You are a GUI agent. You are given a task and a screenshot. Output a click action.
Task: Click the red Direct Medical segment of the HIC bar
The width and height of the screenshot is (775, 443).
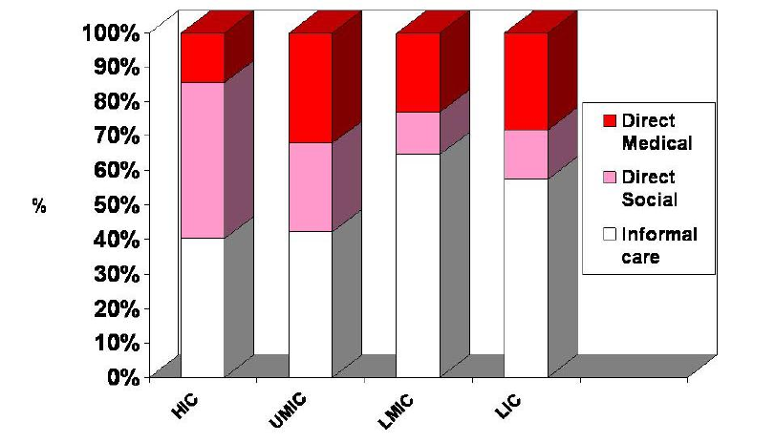click(203, 57)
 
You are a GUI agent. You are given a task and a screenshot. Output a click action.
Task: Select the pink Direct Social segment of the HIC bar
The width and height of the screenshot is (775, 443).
click(203, 159)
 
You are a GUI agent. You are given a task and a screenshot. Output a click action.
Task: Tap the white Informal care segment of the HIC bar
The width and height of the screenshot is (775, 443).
click(203, 306)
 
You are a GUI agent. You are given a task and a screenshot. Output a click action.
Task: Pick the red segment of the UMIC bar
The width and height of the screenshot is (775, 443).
click(311, 88)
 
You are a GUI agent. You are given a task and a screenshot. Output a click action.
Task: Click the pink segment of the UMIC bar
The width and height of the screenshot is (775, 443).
click(311, 186)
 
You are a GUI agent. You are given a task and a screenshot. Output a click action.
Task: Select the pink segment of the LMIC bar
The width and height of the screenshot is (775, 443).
click(418, 133)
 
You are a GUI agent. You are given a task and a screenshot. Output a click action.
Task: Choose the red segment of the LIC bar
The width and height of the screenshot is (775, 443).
click(526, 81)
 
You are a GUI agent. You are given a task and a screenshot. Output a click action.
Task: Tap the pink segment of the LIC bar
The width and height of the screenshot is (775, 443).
click(526, 154)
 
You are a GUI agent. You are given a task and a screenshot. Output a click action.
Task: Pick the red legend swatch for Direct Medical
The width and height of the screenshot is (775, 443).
click(608, 121)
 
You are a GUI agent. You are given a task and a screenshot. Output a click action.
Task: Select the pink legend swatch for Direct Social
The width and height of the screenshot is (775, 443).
click(608, 178)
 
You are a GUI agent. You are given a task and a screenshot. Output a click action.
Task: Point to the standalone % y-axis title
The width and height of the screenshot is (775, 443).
click(39, 205)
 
